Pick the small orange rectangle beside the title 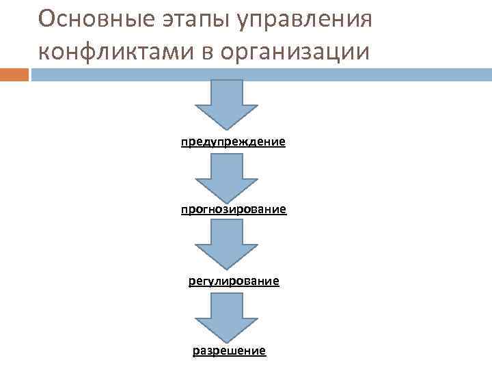pyautogui.click(x=14, y=74)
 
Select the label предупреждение pyautogui.click(x=233, y=143)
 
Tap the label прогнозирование pyautogui.click(x=233, y=208)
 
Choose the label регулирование pyautogui.click(x=234, y=281)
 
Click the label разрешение pyautogui.click(x=229, y=351)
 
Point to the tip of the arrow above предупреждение pyautogui.click(x=227, y=128)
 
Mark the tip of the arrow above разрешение pyautogui.click(x=227, y=341)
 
